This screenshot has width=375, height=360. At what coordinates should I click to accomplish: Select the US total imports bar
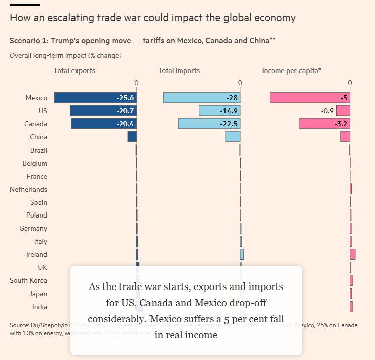point(211,111)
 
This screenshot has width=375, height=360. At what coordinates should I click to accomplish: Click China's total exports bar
point(132,137)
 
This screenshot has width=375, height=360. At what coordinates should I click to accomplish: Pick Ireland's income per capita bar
point(353,254)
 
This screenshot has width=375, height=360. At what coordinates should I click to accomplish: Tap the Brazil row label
point(39,150)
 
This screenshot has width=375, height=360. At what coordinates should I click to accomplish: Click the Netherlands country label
point(29,189)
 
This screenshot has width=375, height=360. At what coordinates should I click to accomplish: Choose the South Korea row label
point(29,280)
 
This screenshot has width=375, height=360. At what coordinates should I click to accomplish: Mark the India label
point(40,307)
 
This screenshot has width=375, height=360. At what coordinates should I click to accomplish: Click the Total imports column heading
point(179,71)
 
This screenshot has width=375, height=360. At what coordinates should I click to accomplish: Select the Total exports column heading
point(74,71)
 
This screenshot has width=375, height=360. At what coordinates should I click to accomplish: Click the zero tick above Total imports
point(240,83)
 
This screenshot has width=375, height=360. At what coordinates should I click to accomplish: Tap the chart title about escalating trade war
point(153,18)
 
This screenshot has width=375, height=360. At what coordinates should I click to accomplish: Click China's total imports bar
point(233,137)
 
